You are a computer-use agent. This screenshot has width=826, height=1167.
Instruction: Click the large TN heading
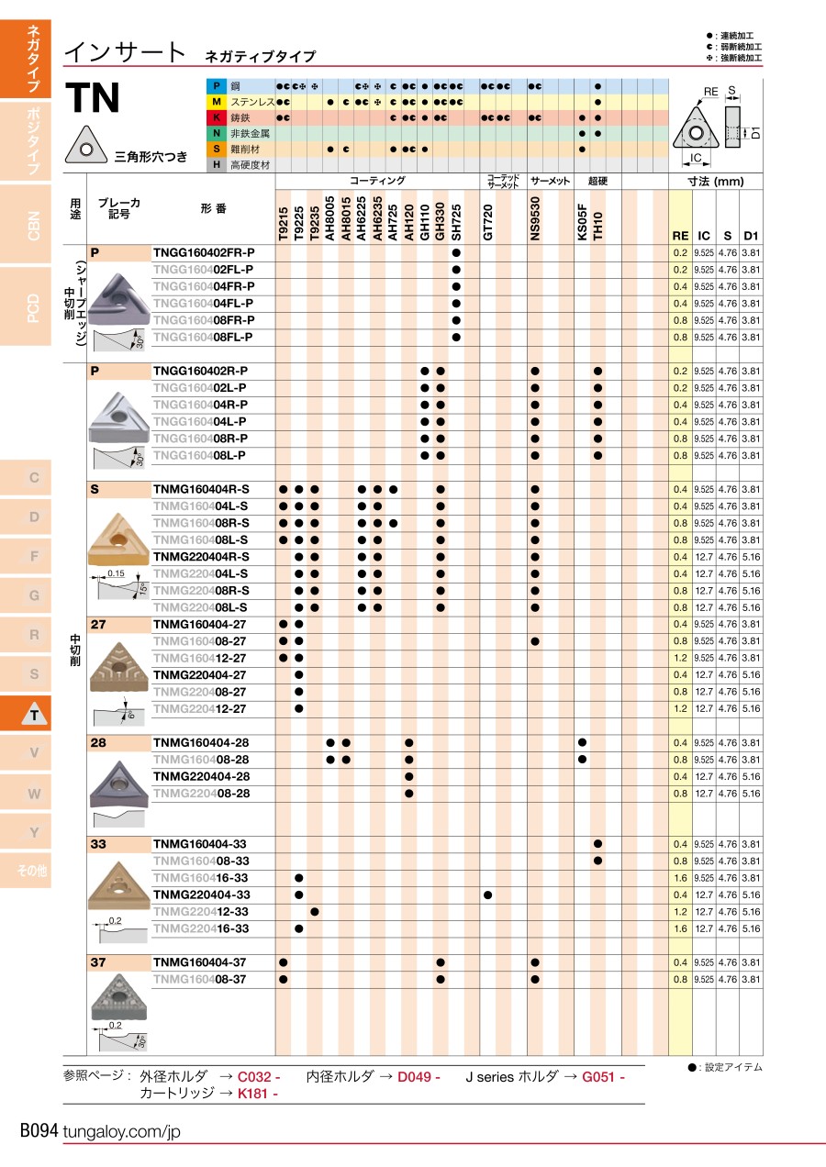94,98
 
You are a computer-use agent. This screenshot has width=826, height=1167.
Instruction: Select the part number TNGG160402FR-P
204,252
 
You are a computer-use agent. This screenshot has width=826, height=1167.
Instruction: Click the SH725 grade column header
456,221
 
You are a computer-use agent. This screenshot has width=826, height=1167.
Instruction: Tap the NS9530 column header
535,221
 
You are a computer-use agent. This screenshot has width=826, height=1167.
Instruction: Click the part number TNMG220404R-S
201,557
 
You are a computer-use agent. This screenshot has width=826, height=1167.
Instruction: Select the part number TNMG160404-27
200,624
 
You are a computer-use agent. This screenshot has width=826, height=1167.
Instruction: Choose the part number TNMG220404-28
201,776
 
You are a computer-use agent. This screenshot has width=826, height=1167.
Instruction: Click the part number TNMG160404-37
200,962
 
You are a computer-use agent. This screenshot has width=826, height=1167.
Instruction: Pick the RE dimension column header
680,236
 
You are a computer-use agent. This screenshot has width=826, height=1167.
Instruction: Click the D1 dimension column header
752,236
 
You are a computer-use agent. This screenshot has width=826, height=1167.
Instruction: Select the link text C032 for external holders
258,1077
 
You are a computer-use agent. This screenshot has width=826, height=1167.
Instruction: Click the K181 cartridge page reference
257,1093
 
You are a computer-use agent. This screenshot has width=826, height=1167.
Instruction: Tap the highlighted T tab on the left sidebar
34,714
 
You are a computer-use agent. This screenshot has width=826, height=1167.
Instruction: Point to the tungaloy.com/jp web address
122,1132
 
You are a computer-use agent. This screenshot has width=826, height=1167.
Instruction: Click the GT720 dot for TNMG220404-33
488,895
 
